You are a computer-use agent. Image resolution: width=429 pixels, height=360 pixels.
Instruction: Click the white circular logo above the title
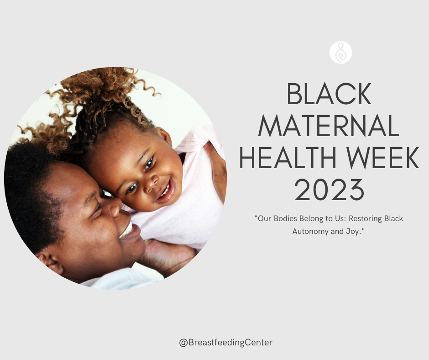click(340, 53)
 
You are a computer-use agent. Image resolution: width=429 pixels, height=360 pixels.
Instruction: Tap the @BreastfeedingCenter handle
click(226, 342)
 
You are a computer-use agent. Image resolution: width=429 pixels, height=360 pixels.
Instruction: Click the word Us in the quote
click(339, 218)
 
